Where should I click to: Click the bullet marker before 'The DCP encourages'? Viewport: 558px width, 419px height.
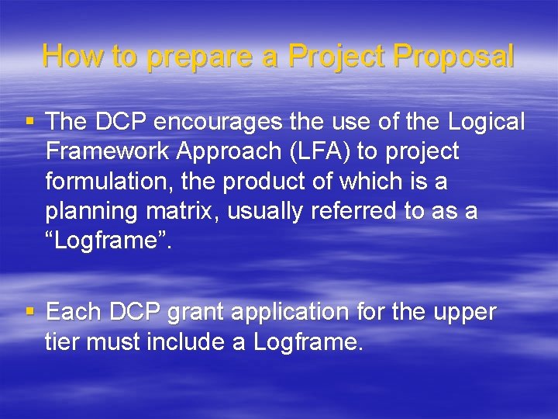30,121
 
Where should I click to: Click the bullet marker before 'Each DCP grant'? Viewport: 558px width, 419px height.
30,311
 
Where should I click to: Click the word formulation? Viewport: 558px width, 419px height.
109,181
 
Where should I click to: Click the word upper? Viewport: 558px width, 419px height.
463,313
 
